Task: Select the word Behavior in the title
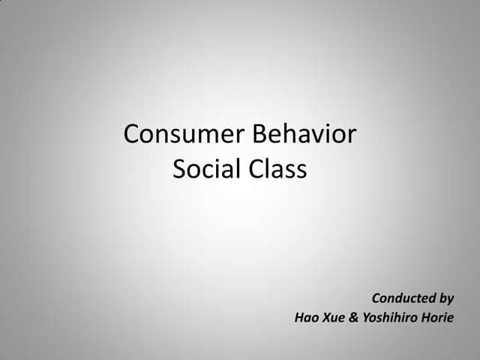pos(304,135)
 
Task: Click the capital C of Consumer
pos(133,135)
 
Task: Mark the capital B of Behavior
pos(259,135)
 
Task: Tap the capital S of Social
pos(180,169)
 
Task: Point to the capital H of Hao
pos(298,317)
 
